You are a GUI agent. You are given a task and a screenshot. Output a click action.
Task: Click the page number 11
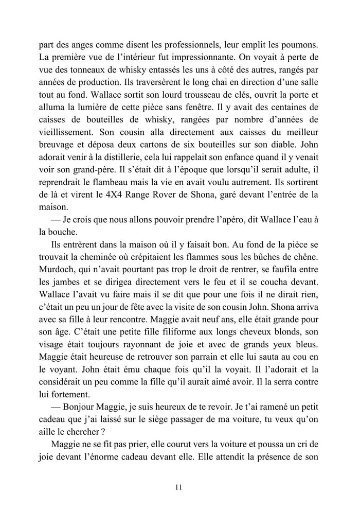point(179,486)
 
